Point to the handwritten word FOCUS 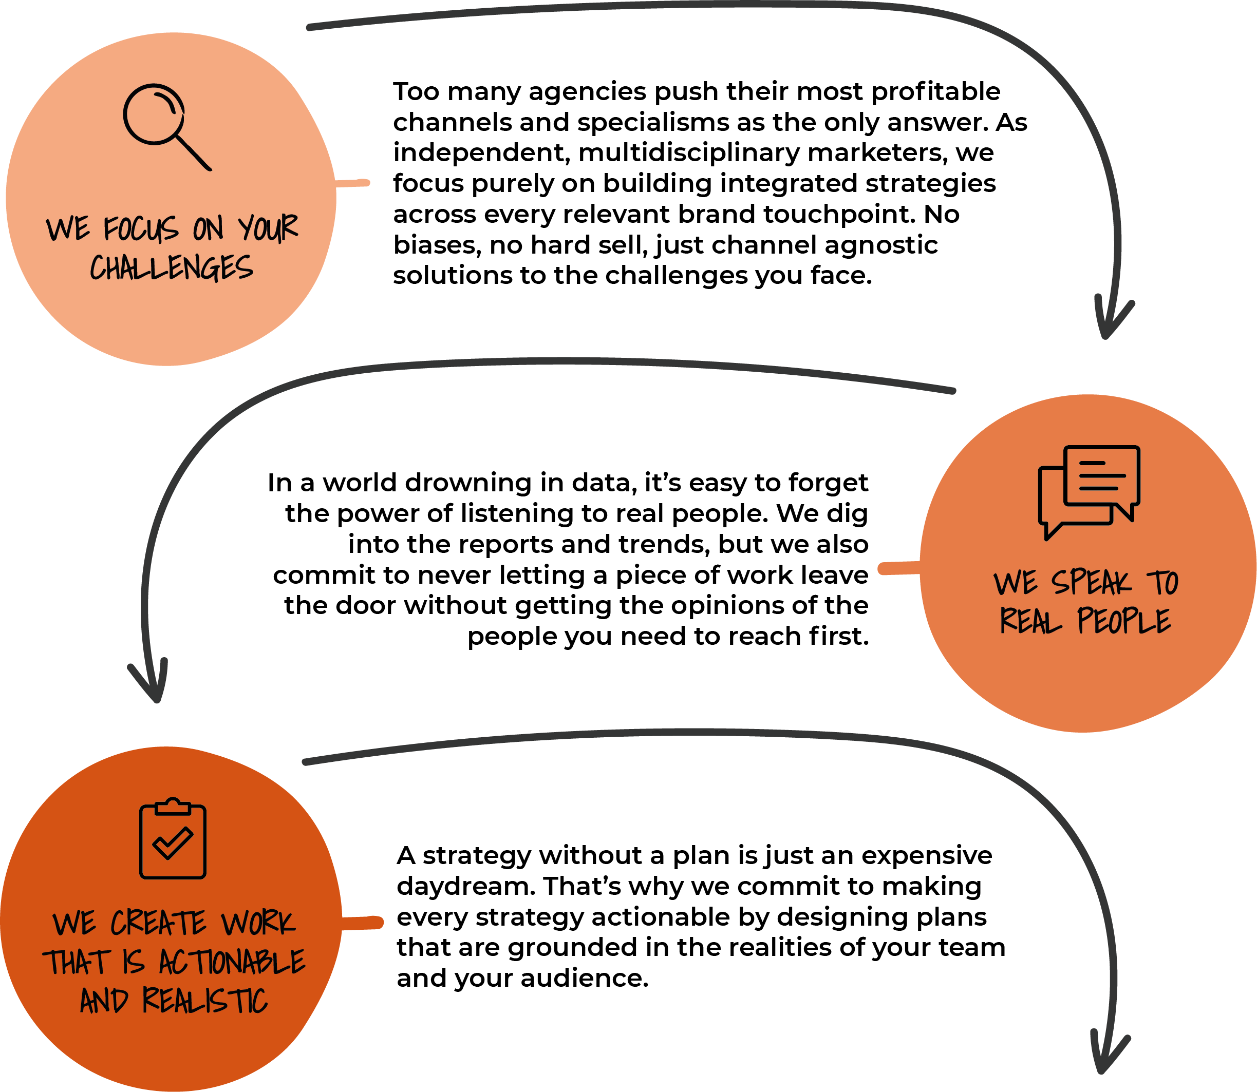(x=141, y=229)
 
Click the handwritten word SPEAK (x=1091, y=582)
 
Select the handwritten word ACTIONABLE (x=232, y=963)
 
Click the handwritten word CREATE (x=159, y=923)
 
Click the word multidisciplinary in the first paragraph (x=689, y=153)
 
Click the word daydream (x=466, y=887)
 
